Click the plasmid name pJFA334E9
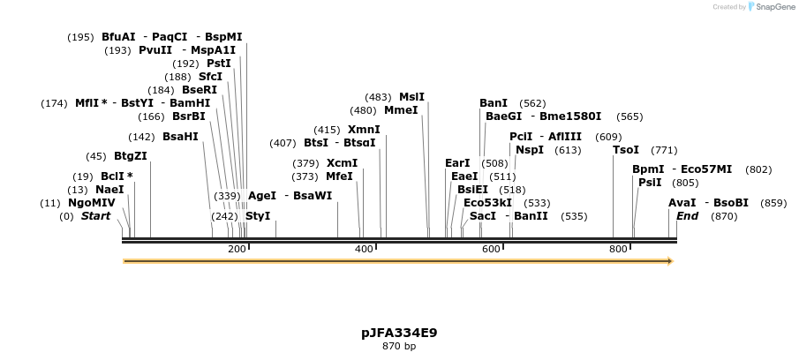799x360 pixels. click(x=399, y=333)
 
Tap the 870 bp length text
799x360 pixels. click(x=399, y=346)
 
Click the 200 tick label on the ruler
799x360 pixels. click(x=237, y=250)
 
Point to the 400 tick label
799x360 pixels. click(x=364, y=250)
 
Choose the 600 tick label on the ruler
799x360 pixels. click(x=491, y=250)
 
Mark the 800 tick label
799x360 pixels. click(x=618, y=250)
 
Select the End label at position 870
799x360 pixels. click(x=688, y=216)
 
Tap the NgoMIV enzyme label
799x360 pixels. click(x=92, y=203)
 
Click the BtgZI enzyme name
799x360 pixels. click(x=131, y=156)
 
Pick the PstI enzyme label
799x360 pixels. click(x=219, y=64)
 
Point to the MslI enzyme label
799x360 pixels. click(x=411, y=97)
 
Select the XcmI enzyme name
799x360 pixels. click(x=343, y=163)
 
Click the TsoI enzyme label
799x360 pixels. click(x=626, y=150)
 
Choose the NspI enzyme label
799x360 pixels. click(x=530, y=150)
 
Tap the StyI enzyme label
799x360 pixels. click(x=258, y=216)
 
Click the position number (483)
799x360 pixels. click(x=378, y=97)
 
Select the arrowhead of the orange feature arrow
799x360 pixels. click(x=670, y=261)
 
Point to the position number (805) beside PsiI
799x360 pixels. click(x=685, y=183)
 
